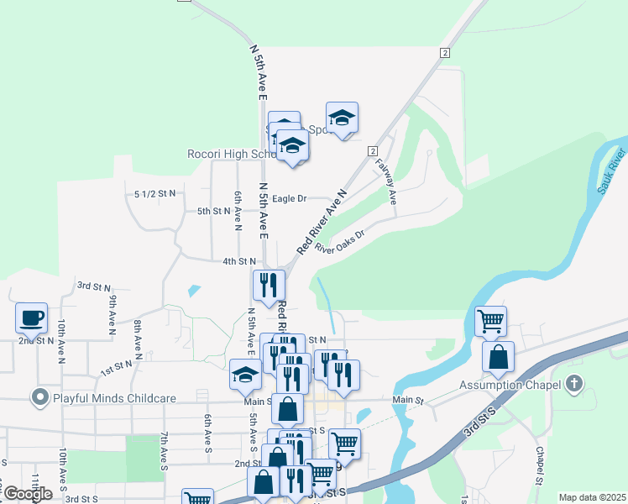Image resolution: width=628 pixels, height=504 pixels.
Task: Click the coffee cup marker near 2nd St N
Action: coord(32,318)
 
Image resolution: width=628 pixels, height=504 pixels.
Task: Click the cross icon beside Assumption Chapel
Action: coord(574,386)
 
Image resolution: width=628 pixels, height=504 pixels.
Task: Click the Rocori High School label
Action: coord(232,155)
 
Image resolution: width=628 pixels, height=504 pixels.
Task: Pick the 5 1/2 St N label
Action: coord(155,193)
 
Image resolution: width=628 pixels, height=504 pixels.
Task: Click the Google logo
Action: coord(28,494)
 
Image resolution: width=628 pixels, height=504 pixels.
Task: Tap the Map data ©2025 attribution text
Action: coord(592,497)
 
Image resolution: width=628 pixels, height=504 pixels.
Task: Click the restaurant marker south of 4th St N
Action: coord(269,285)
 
